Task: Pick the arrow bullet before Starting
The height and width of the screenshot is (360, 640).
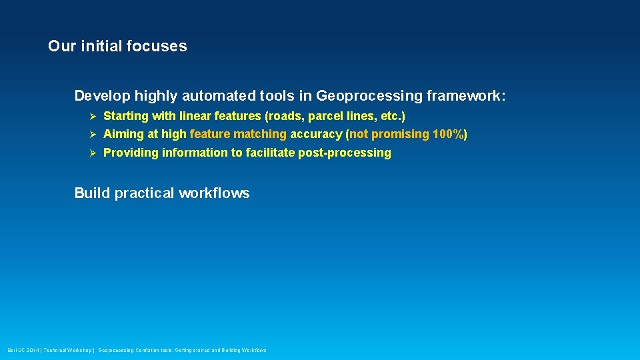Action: tap(93, 117)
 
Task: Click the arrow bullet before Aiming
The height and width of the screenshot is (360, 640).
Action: tap(93, 135)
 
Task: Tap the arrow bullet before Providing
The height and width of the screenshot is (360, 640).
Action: tap(93, 153)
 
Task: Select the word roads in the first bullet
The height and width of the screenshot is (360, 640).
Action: tap(285, 116)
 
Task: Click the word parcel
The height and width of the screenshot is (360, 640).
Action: tap(325, 116)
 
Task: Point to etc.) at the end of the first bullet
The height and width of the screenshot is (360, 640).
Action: tap(390, 116)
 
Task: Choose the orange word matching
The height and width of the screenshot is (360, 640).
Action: tap(260, 135)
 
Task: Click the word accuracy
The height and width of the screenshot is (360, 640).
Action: tap(316, 135)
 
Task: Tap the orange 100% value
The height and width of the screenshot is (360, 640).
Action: tap(448, 135)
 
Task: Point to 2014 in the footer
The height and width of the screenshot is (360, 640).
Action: tap(32, 350)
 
